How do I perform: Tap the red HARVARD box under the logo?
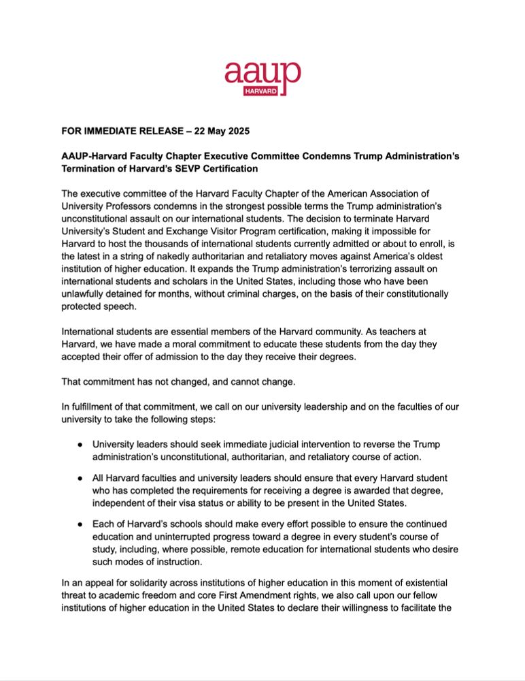coord(260,91)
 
